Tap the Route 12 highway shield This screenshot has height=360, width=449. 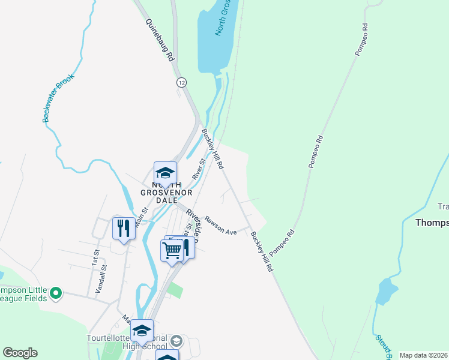tap(181, 82)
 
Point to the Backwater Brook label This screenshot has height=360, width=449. tap(58, 98)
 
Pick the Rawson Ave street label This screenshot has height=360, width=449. tap(220, 226)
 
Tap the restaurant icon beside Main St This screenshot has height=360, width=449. tap(124, 228)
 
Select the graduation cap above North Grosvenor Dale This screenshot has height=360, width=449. tap(165, 173)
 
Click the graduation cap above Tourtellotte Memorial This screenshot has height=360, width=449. tap(142, 331)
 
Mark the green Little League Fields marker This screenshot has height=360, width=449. tap(56, 293)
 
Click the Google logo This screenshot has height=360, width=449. tap(20, 353)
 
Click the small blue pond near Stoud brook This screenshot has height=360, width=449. tap(386, 292)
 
